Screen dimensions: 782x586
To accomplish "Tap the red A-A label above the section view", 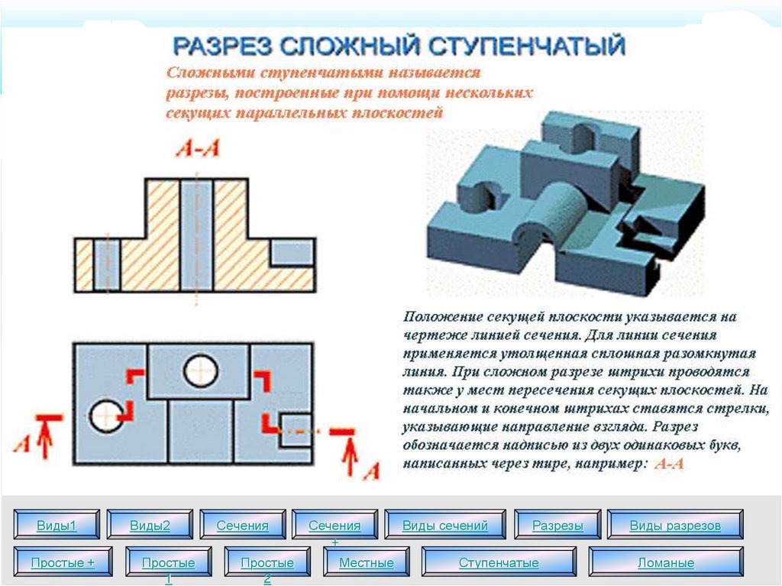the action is (198, 149).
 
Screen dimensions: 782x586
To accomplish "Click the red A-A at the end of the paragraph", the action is (670, 464).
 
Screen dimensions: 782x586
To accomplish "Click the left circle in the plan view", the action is (105, 415).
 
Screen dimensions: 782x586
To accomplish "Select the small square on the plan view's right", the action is (295, 429).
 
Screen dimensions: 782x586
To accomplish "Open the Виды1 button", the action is (57, 526).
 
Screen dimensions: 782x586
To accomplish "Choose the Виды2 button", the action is (150, 526).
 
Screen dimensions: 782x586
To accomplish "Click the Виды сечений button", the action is (444, 526).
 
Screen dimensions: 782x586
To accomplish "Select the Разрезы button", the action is (557, 526).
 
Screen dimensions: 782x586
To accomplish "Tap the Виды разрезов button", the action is (674, 526).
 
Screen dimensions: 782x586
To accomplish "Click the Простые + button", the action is (63, 563).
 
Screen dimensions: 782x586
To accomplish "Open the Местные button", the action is (367, 563).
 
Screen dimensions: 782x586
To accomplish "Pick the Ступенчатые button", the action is (499, 563).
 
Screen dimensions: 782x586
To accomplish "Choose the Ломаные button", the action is (665, 563).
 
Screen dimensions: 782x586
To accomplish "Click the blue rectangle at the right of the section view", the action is (292, 252).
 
